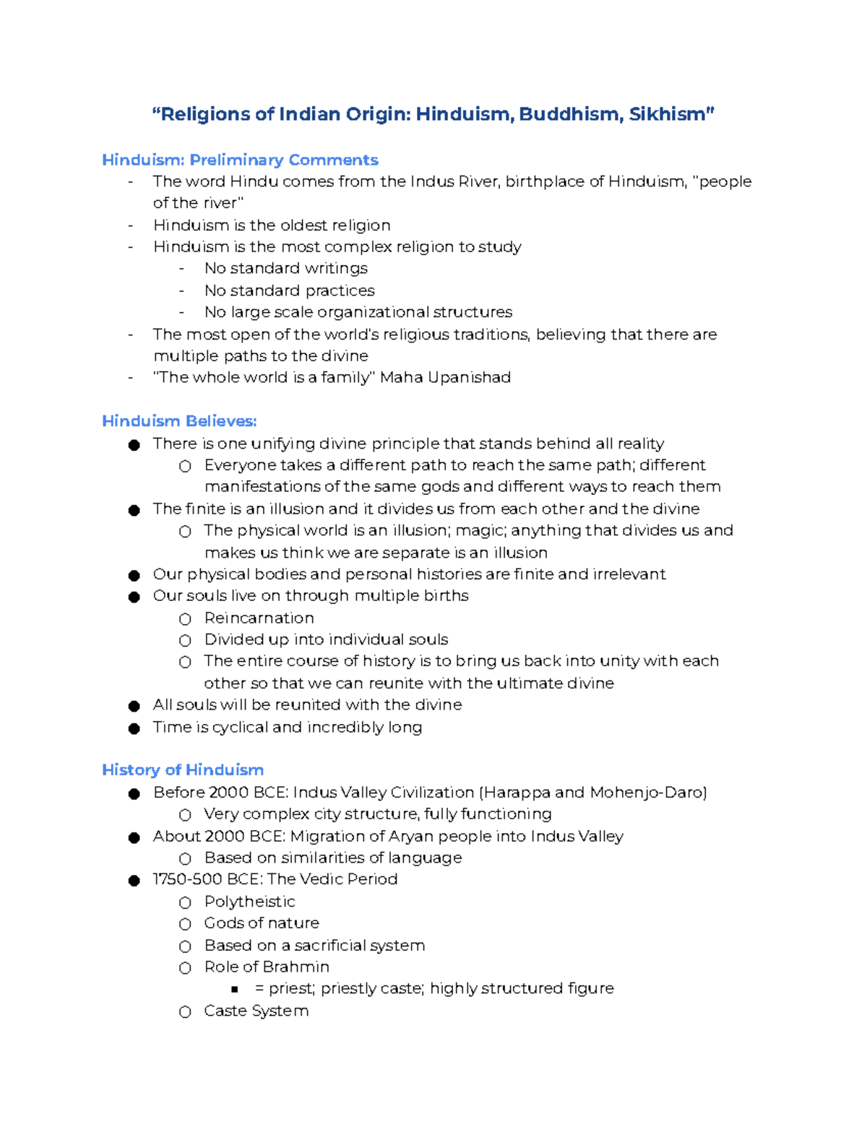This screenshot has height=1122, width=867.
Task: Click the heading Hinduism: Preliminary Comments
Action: [x=240, y=160]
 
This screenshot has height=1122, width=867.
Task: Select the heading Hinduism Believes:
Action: [x=179, y=420]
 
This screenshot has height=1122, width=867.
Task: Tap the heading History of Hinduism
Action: [x=183, y=769]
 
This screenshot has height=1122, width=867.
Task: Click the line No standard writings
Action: [x=285, y=268]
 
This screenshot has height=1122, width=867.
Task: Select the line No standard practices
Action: [x=289, y=290]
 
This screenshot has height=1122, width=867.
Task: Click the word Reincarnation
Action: [x=259, y=618]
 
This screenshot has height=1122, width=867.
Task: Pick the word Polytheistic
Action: [x=249, y=902]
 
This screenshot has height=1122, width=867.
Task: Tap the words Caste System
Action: [x=256, y=1011]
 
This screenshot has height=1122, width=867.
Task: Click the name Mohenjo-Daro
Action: [x=646, y=793]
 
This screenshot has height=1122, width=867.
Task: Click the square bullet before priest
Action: [x=235, y=989]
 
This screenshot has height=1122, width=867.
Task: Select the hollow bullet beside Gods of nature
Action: [x=185, y=924]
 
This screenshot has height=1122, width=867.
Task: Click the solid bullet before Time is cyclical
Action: [x=134, y=728]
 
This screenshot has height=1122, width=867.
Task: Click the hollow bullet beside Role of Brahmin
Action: [x=185, y=968]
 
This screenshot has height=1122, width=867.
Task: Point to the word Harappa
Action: [x=518, y=793]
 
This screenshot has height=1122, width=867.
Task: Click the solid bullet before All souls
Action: [x=134, y=706]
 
